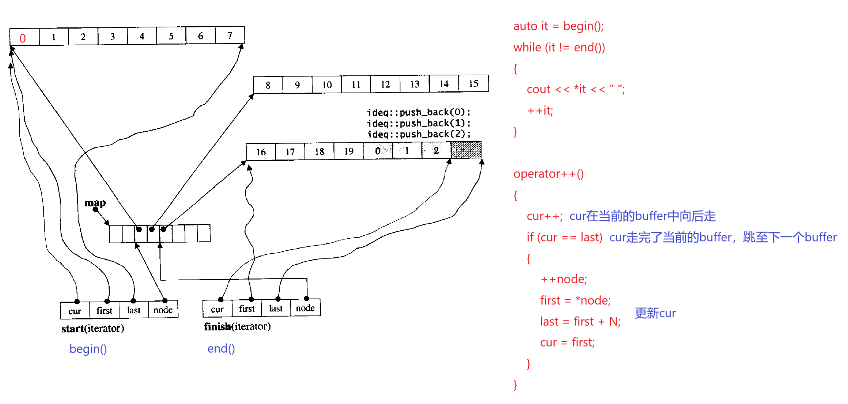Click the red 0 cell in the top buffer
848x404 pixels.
tap(23, 38)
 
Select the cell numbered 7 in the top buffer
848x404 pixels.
tap(230, 36)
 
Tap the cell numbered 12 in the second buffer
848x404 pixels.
tap(385, 84)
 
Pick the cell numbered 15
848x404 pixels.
tap(473, 84)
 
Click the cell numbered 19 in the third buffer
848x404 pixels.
tap(349, 151)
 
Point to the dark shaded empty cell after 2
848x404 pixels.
tap(466, 150)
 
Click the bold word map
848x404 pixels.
tap(95, 203)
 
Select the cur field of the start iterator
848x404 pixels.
tap(75, 311)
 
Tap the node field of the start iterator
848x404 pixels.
tap(163, 310)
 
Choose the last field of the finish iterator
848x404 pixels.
tap(276, 308)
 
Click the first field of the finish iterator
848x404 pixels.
tap(247, 308)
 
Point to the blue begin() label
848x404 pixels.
tap(88, 349)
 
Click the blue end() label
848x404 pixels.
tap(221, 348)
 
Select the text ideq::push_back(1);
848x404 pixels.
tap(419, 123)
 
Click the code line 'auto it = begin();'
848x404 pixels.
tap(558, 26)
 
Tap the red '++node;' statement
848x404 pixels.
tap(564, 279)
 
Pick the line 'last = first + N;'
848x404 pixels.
tap(580, 321)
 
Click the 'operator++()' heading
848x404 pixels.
tap(548, 174)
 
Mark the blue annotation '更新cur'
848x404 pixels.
tap(655, 313)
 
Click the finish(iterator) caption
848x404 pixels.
tap(237, 327)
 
